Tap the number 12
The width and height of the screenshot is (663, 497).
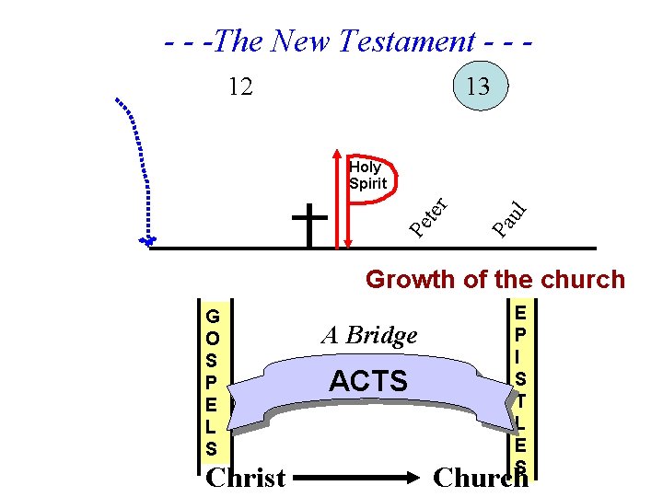[241, 87]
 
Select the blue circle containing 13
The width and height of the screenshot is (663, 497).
[477, 87]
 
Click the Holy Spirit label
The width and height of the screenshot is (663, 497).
[366, 175]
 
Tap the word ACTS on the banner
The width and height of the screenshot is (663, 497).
[368, 381]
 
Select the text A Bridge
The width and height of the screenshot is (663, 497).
[369, 336]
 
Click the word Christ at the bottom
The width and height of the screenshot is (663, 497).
[246, 478]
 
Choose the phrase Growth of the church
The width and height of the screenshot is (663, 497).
[495, 279]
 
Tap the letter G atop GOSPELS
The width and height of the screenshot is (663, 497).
[213, 317]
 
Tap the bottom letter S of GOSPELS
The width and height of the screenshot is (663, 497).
[213, 449]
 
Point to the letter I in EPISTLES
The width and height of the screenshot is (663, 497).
[519, 355]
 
